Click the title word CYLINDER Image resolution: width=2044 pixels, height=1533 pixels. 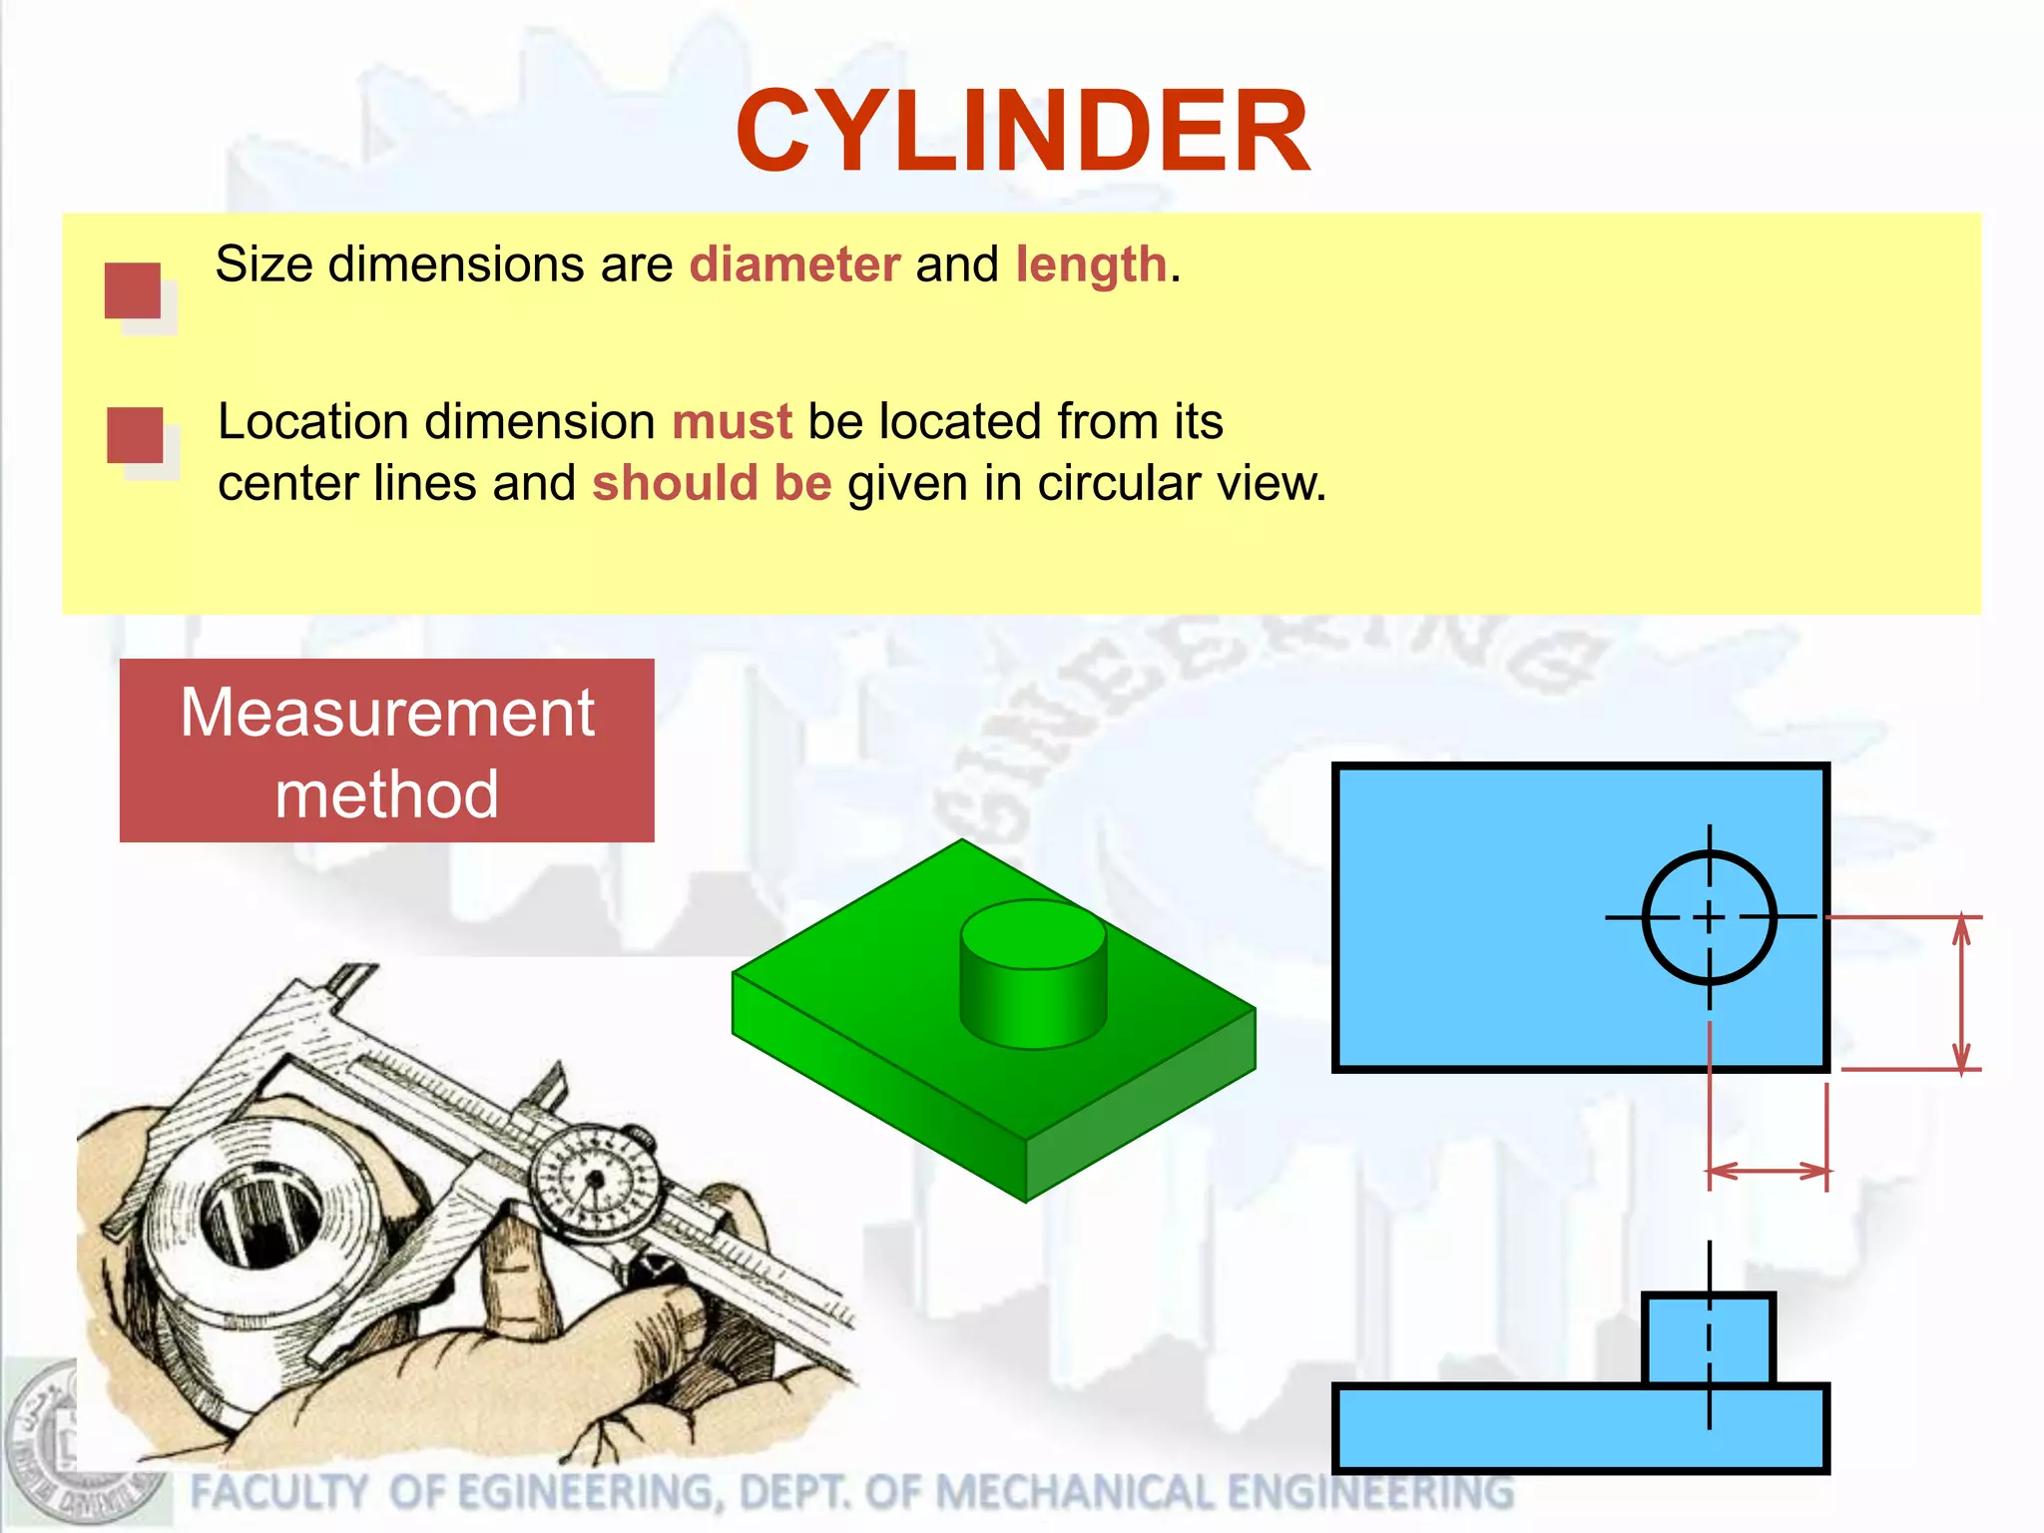1022,132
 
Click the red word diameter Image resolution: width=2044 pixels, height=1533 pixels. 794,265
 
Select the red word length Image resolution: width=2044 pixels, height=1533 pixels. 1091,265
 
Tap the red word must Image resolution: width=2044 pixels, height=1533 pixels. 732,422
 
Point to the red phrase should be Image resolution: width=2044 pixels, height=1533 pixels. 712,484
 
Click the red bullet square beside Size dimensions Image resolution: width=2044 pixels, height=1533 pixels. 133,290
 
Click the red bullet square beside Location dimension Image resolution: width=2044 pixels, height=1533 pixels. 135,435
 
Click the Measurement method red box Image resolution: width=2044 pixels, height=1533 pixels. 386,751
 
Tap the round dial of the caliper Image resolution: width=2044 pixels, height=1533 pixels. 596,1182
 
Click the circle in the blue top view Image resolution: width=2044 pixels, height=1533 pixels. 1709,917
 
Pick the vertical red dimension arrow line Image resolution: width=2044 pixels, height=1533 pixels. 1961,993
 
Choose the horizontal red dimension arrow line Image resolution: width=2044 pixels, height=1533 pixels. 1768,1171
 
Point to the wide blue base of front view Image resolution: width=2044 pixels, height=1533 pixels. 1580,1428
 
